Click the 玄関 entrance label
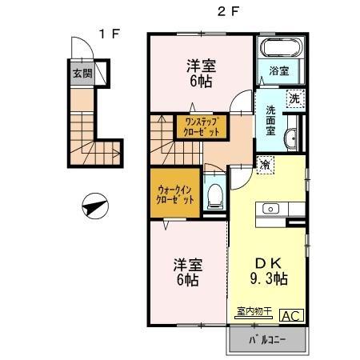coord(82,74)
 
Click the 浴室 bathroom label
coord(279,71)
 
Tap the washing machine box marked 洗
coord(294,99)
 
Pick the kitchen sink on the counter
coord(270,209)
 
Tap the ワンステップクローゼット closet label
coord(202,126)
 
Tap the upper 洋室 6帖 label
coord(199,73)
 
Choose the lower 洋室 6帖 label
coord(186,271)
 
